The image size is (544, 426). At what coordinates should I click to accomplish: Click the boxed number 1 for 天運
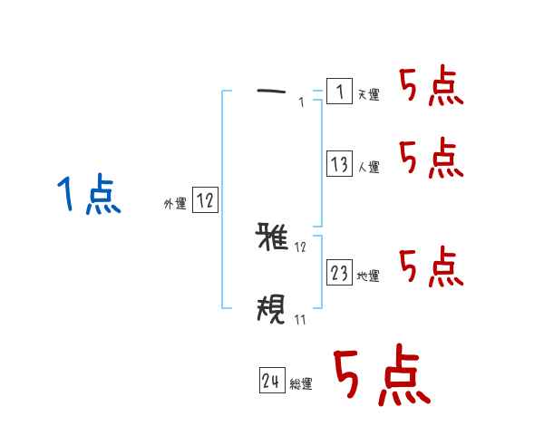point(338,92)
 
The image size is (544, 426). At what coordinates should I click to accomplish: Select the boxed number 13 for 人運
point(339,164)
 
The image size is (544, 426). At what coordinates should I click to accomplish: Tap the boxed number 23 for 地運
point(339,273)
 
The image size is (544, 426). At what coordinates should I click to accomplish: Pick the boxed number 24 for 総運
point(271,382)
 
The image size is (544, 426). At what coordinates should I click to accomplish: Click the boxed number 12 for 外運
point(205,200)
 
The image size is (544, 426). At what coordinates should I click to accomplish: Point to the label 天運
point(368,95)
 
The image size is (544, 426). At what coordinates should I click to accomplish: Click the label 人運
point(368,168)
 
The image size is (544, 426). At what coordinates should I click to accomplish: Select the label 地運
point(368,276)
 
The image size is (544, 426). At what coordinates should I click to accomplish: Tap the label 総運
point(301,385)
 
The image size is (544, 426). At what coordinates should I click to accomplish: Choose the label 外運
point(175,205)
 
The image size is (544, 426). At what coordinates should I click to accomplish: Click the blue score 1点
point(88,195)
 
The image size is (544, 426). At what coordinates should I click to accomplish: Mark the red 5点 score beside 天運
point(431,88)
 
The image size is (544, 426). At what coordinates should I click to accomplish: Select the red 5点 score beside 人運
point(431,160)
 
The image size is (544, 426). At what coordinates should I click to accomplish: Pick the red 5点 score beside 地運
point(431,267)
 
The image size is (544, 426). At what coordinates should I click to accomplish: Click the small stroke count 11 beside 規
point(300,318)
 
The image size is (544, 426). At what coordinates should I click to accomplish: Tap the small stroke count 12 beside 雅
point(300,247)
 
